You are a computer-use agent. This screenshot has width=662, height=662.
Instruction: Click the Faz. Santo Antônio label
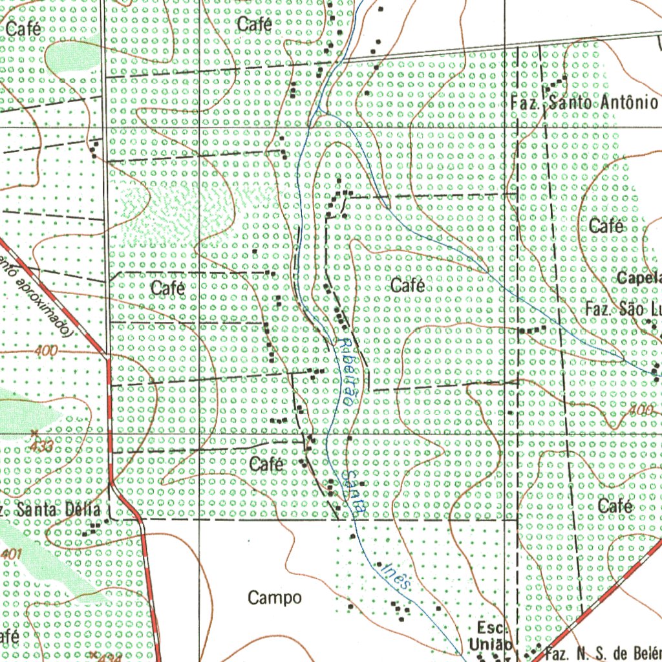584,103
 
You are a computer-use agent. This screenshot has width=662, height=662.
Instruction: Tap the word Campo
274,598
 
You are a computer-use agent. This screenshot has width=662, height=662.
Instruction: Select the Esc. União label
491,636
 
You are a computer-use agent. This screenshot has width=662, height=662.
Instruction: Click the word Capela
639,279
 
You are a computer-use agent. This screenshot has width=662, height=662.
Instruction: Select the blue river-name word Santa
354,491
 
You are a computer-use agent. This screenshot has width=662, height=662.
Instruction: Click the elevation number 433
40,445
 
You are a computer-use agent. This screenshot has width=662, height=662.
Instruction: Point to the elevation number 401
12,554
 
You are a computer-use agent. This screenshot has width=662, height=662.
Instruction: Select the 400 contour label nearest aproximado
47,351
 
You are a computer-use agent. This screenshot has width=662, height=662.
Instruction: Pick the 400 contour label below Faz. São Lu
640,411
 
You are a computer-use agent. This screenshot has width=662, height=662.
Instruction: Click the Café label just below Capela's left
606,226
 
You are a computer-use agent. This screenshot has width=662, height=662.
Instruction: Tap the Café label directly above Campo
266,464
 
